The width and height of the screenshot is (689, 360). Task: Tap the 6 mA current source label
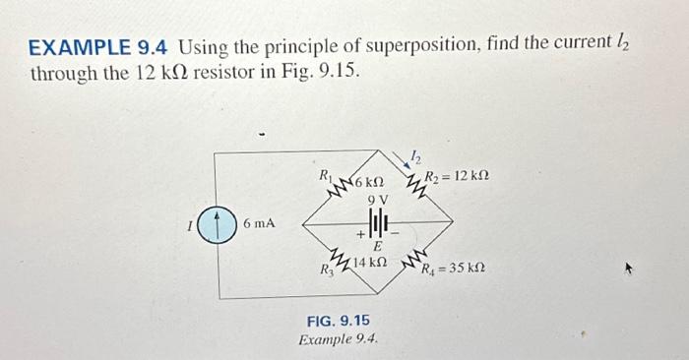point(258,224)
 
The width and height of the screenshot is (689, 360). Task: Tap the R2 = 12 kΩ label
point(455,176)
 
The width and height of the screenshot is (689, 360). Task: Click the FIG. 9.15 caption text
point(340,322)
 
